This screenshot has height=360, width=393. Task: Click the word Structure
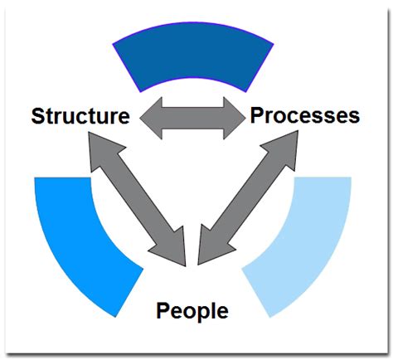[80, 116]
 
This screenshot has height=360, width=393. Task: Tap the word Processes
[305, 115]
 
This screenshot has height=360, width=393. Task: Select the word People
[192, 312]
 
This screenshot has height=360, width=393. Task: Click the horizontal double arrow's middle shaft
[192, 118]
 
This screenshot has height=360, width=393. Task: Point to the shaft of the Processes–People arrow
[247, 197]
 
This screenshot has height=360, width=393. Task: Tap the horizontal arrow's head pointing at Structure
[151, 118]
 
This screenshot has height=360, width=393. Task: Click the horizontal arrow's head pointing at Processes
[235, 118]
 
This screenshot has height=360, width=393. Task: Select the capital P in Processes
[257, 115]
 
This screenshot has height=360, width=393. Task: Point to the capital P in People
[163, 310]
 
